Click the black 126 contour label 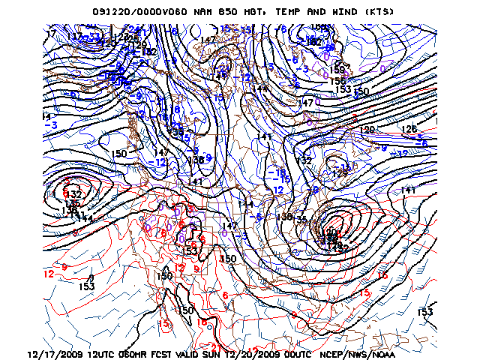[409, 129]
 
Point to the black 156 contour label [340, 81]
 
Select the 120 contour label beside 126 [367, 130]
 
